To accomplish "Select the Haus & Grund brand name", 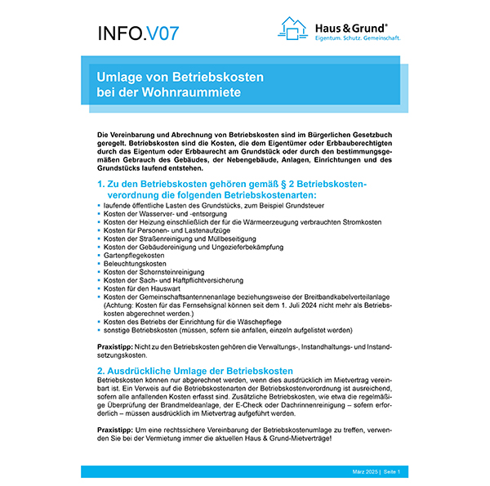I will pyautogui.click(x=352, y=26).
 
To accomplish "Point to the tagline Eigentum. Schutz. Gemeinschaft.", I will pyautogui.click(x=357, y=38).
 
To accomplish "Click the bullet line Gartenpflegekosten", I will pyautogui.click(x=130, y=256).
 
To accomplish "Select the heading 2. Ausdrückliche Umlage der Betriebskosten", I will pyautogui.click(x=195, y=371).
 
